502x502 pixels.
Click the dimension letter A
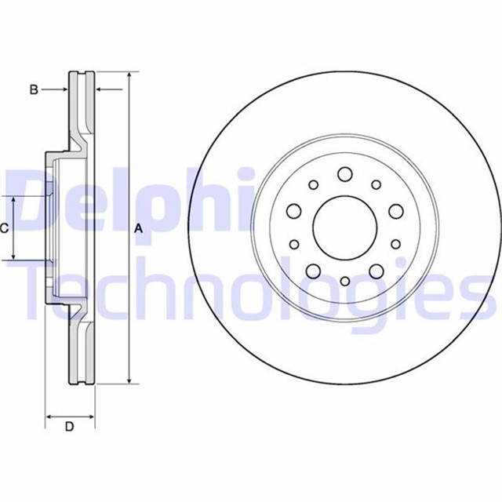click(x=138, y=229)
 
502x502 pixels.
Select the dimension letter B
click(x=34, y=90)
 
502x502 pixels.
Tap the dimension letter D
click(x=69, y=427)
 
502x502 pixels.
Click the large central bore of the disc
click(x=344, y=228)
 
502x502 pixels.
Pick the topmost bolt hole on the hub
click(x=344, y=174)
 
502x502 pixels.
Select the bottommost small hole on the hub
click(x=344, y=281)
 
